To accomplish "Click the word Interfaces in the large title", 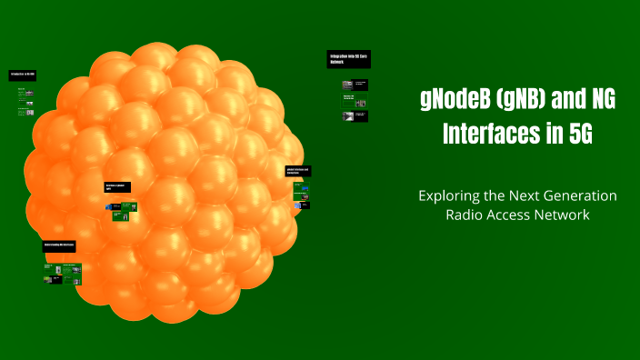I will [x=485, y=135].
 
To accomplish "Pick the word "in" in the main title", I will [x=549, y=135].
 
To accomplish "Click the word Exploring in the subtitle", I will [x=448, y=196].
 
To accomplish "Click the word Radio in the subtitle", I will [x=465, y=215].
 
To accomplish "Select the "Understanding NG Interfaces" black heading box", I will [x=59, y=246].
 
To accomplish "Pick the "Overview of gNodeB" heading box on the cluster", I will [x=117, y=187].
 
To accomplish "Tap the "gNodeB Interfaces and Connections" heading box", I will [x=298, y=171].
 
